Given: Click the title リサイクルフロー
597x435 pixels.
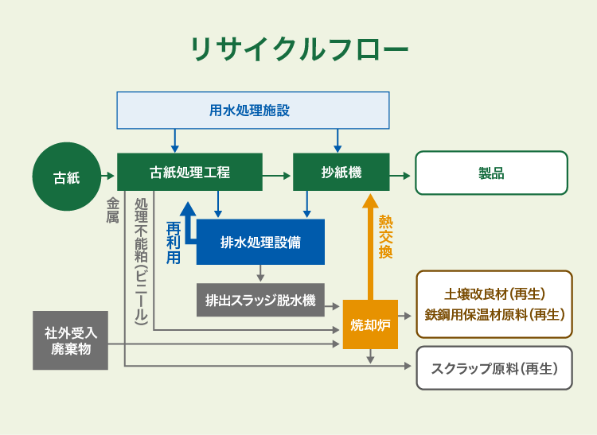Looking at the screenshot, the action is [x=299, y=49].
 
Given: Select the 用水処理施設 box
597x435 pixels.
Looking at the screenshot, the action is [x=253, y=111].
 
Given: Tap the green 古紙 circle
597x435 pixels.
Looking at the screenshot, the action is [x=67, y=177].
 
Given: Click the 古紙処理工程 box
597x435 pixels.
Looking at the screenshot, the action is [x=189, y=172].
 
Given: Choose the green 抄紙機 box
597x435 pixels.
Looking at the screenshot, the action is [x=341, y=172].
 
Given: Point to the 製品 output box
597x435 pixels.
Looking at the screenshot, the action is [x=491, y=173].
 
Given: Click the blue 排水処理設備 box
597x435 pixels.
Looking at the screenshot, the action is [x=260, y=242].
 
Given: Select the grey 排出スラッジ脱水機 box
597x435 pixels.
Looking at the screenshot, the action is [x=260, y=300].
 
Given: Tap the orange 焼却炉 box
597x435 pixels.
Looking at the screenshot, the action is [x=370, y=324].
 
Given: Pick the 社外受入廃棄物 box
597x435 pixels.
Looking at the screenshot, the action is [x=70, y=340].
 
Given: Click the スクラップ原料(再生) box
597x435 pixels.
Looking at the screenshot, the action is [x=494, y=368].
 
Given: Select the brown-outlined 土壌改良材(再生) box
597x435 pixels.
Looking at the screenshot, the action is [x=494, y=305].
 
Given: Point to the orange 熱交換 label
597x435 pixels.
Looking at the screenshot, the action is [x=385, y=237].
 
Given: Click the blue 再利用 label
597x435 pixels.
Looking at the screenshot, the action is [x=174, y=243].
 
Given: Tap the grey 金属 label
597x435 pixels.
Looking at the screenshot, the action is [x=112, y=210].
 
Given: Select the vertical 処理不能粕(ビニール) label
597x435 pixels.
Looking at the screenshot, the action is [x=141, y=262].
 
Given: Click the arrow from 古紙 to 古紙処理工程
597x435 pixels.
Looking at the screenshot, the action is [x=107, y=176].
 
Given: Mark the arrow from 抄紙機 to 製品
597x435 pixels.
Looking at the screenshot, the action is [x=400, y=176].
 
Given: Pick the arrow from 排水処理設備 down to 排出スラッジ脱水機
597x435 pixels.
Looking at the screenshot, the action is [x=260, y=273].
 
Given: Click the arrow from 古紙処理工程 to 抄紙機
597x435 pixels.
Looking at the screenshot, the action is [x=277, y=176].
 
